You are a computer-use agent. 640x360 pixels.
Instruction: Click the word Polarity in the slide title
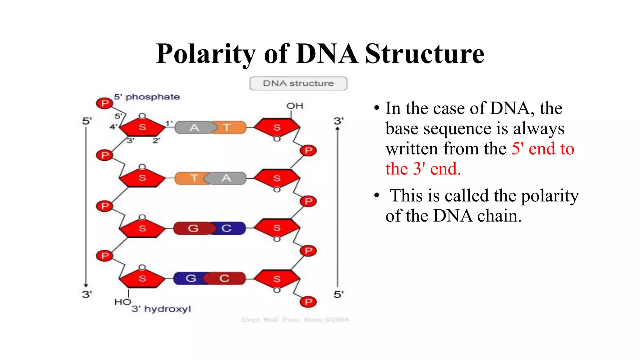(206, 54)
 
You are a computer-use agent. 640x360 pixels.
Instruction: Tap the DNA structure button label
(298, 83)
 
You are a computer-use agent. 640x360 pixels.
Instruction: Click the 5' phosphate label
(147, 97)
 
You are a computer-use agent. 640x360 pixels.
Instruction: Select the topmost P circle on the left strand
(105, 103)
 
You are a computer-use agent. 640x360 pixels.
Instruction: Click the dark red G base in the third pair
(193, 228)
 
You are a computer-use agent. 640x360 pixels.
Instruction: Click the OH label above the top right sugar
(295, 106)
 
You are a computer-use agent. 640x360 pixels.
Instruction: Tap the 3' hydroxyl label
(161, 309)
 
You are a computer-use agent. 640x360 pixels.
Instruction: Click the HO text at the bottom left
(122, 302)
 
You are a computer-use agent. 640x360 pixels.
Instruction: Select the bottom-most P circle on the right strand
(308, 302)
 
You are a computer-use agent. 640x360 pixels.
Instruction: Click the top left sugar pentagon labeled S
(142, 127)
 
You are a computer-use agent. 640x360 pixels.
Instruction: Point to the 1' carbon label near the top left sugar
(169, 123)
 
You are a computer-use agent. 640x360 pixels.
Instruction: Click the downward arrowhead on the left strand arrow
(86, 285)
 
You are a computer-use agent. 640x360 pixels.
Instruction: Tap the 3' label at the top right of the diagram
(338, 121)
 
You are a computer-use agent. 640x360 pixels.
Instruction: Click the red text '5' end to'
(542, 149)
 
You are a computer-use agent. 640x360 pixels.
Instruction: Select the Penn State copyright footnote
(295, 320)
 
